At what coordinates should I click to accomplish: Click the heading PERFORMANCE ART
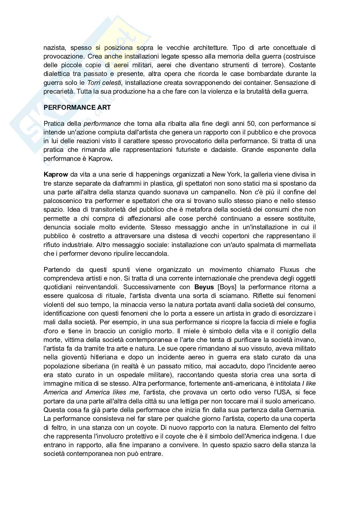pyautogui.click(x=77, y=108)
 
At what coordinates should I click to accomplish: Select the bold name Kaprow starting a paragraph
pyautogui.click(x=56, y=175)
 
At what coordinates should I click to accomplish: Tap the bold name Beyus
pyautogui.click(x=204, y=287)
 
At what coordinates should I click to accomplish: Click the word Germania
pyautogui.click(x=300, y=410)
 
